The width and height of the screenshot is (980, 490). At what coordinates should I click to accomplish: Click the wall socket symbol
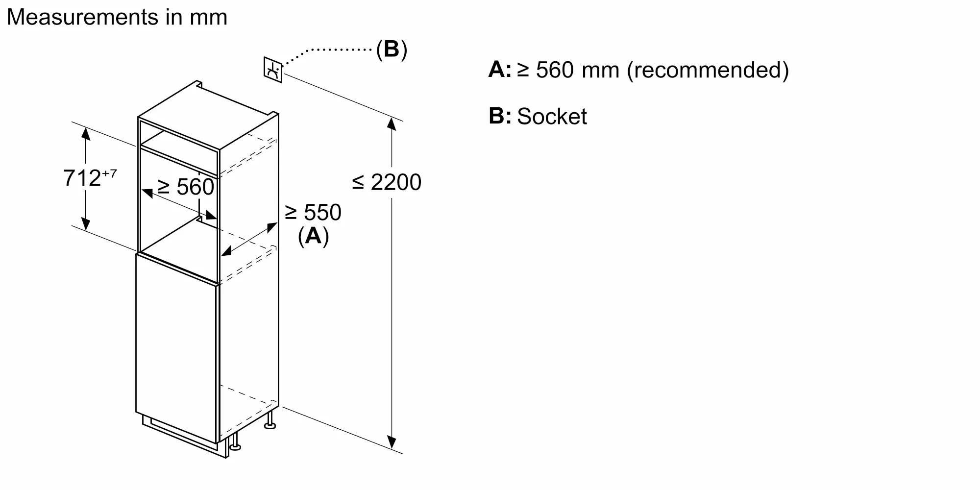(273, 70)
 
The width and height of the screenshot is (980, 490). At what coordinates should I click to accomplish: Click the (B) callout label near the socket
(392, 49)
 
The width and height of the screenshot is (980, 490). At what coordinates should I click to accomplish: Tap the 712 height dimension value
(82, 178)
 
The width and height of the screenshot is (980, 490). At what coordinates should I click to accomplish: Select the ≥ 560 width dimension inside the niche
(186, 187)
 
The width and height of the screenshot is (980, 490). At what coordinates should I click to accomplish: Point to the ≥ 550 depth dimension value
(313, 213)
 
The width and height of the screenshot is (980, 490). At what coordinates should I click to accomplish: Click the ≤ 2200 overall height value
(387, 182)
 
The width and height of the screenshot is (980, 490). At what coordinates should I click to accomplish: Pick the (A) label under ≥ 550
(313, 236)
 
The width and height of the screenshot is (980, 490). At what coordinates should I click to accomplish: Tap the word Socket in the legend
(552, 117)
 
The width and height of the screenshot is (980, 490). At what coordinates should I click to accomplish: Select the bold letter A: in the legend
(499, 70)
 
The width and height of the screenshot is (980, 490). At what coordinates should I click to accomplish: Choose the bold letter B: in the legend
(499, 117)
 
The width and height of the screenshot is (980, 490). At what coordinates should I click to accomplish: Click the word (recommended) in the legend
(708, 70)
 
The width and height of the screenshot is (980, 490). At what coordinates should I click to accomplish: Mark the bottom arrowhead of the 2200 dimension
(392, 442)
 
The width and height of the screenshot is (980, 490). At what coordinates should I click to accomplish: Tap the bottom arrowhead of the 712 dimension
(86, 224)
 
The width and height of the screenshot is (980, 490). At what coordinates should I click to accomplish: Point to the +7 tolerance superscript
(110, 173)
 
